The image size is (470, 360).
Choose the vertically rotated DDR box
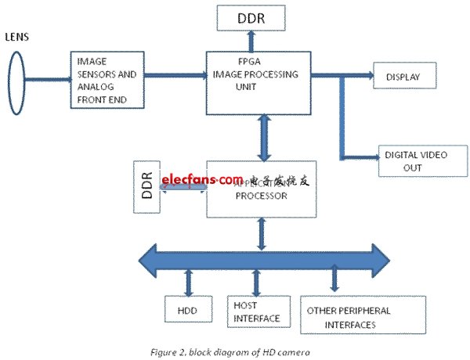pyautogui.click(x=146, y=189)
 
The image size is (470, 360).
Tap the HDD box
pyautogui.click(x=188, y=309)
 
